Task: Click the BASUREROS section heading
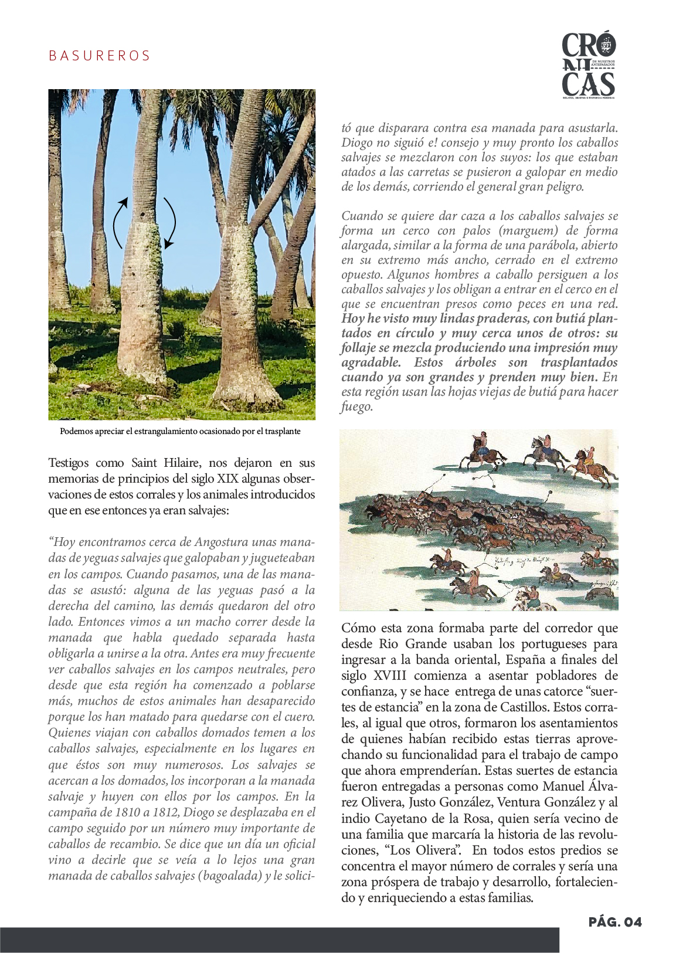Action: pos(99,56)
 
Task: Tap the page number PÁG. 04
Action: pos(615,922)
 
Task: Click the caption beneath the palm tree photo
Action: pos(180,432)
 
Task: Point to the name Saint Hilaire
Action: pos(165,463)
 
